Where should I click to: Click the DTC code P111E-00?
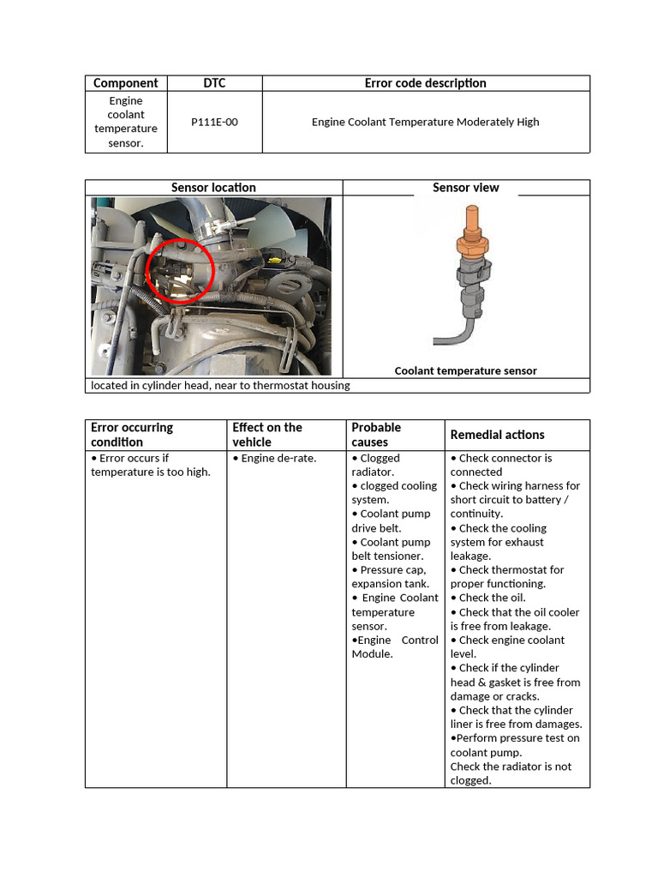pos(214,122)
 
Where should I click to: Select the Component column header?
pos(125,83)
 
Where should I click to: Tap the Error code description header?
pos(425,83)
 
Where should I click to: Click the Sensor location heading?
pos(213,188)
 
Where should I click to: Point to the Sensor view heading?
pos(466,188)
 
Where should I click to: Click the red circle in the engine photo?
pos(181,271)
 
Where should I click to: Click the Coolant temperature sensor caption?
pos(465,371)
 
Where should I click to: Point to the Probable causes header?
pos(376,435)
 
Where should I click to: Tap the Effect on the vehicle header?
pos(267,435)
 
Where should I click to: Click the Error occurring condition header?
pos(132,435)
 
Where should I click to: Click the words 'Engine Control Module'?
pos(394,646)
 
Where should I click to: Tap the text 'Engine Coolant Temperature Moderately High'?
pos(425,122)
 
